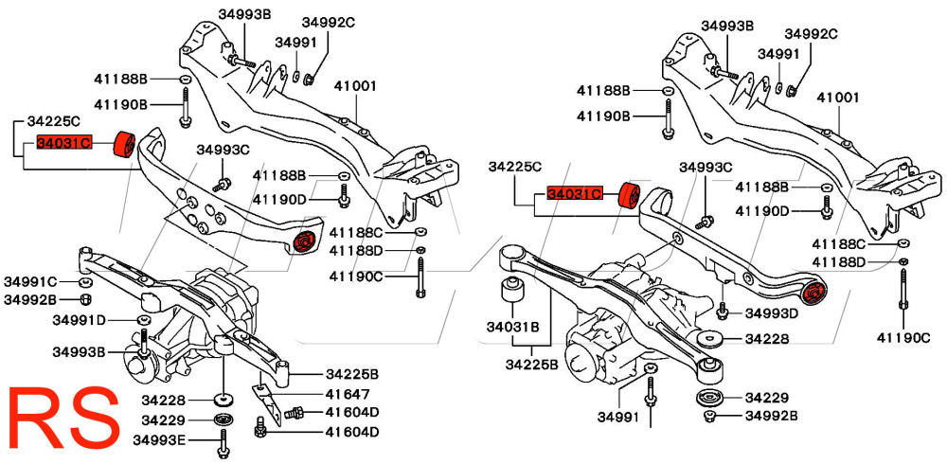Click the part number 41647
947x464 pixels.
coord(347,393)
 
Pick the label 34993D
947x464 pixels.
coord(771,312)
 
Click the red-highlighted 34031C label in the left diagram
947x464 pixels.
coord(63,144)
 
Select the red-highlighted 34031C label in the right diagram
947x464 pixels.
coord(575,194)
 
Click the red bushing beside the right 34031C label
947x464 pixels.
coord(627,194)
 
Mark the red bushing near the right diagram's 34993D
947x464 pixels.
coord(814,292)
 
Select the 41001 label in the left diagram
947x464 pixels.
coord(356,85)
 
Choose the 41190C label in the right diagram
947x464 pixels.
coord(910,336)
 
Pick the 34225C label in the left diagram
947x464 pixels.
coord(53,121)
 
